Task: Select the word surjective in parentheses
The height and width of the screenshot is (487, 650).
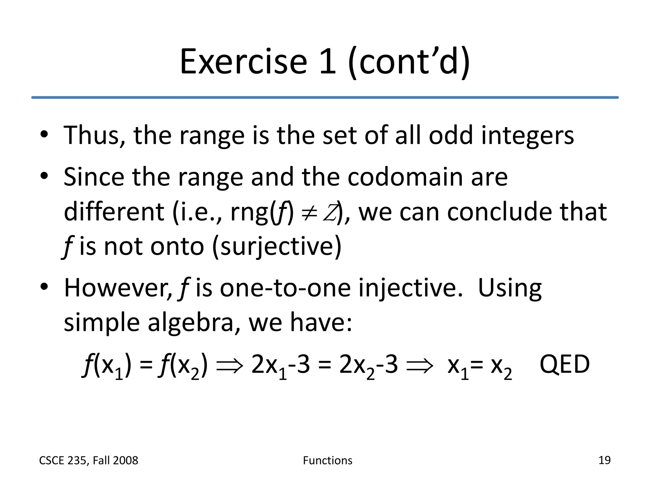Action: coord(276,247)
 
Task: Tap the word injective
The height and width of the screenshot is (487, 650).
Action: coord(411,289)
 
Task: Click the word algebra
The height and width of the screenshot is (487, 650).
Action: coord(191,323)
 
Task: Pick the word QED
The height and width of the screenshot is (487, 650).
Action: coord(564,365)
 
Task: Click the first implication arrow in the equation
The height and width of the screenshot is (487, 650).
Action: coord(229,366)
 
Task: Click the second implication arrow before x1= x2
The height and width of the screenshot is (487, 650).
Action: coord(420,366)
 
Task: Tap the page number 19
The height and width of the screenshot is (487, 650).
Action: coord(604,460)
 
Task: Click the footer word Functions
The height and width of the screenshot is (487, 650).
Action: coord(328,460)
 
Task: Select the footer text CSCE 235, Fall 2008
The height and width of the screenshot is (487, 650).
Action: coord(89,460)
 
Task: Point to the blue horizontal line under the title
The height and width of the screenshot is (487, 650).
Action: coord(325,97)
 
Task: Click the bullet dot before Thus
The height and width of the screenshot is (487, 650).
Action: coord(44,134)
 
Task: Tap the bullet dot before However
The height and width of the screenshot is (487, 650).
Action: coord(44,287)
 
